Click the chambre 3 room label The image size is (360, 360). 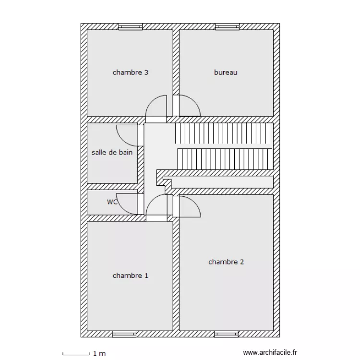coord(131,72)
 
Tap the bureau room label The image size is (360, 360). coord(226,72)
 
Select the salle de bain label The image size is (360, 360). coord(112,152)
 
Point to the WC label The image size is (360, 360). coord(112,202)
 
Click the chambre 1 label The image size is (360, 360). coord(131,276)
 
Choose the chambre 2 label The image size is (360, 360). coord(226,262)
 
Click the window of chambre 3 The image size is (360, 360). coord(131,26)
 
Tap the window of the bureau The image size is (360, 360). coord(228,26)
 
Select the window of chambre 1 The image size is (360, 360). coord(124,334)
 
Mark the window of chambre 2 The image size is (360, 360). coord(227,334)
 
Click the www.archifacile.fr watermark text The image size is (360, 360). coord(270,352)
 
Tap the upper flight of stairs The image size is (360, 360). coord(224,133)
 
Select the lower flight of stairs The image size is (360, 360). coord(225,159)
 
